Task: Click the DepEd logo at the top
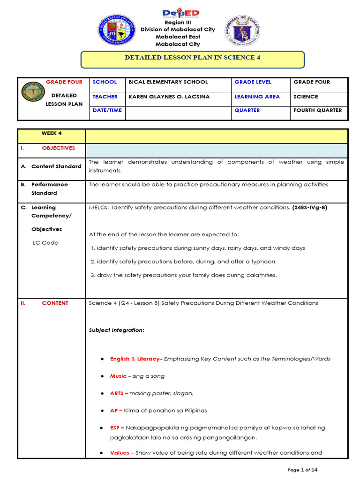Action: point(180,14)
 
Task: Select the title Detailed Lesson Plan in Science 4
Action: point(192,58)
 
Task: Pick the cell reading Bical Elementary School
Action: point(168,82)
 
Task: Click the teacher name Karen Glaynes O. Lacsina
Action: point(169,97)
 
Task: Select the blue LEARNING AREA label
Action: point(257,97)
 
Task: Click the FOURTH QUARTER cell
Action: point(317,111)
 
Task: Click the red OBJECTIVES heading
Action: point(58,148)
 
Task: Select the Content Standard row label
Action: point(56,166)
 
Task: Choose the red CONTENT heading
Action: point(55,303)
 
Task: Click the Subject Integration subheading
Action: point(116,330)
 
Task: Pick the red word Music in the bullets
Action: point(118,376)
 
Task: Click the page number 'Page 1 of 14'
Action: point(305,470)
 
